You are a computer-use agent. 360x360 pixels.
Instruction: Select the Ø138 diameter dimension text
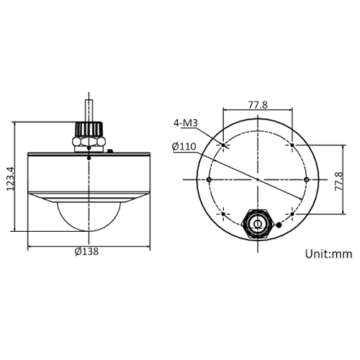88,252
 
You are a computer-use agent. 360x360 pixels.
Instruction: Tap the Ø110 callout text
185,147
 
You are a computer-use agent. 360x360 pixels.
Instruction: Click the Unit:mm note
328,253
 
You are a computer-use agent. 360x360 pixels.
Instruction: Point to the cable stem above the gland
88,108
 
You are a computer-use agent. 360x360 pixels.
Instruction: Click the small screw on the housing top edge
109,151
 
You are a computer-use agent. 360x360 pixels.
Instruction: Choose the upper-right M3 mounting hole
292,145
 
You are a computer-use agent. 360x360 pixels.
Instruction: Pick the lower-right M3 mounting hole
292,214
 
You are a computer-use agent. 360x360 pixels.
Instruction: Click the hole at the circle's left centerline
209,179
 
